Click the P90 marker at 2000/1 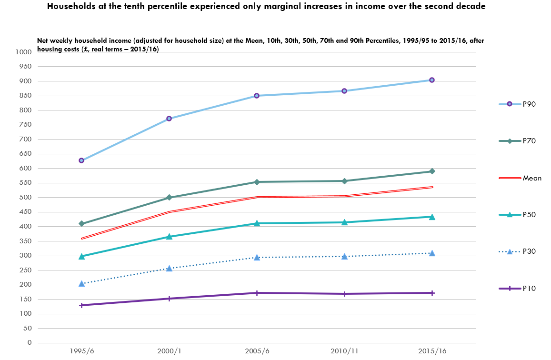point(169,119)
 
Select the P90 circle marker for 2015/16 point(432,80)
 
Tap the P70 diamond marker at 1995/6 point(81,223)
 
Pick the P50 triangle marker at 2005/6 point(257,223)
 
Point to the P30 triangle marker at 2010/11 point(344,256)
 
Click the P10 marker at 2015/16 point(432,293)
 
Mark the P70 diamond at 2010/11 point(344,181)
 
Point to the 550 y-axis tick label point(25,183)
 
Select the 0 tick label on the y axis point(30,343)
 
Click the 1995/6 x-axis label point(81,351)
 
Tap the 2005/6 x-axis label point(257,351)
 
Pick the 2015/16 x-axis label point(432,351)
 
